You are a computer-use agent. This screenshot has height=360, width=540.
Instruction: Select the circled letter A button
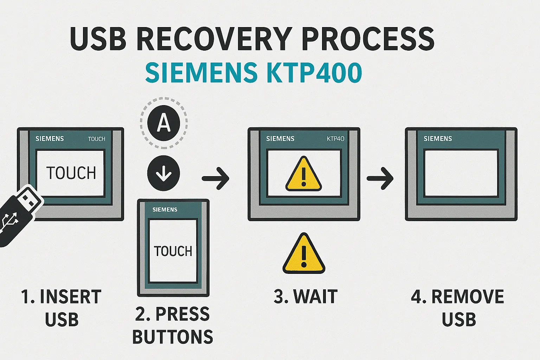coord(163,123)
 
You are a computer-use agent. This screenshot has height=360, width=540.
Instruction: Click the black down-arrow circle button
coord(163,173)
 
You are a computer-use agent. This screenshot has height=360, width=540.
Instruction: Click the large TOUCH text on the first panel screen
coord(71,173)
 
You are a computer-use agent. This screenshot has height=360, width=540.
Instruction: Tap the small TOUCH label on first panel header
coord(96,139)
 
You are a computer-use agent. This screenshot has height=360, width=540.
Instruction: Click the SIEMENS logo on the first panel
coord(50,139)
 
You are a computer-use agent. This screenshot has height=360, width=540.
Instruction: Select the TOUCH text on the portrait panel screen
coord(173,251)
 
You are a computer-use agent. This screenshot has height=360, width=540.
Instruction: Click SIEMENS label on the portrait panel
coord(165,210)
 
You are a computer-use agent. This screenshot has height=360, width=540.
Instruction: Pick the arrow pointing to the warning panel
coord(216,179)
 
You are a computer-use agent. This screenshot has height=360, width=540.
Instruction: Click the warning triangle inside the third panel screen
coord(303,174)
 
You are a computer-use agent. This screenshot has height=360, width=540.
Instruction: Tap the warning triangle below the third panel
coord(304,254)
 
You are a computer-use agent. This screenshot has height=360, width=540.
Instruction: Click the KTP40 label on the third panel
coord(335,139)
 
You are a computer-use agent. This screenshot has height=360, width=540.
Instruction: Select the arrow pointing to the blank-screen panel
coord(380,179)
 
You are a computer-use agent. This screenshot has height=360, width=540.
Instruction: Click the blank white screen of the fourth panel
coord(461,173)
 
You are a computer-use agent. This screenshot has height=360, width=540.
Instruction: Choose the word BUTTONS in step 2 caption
coord(173,337)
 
